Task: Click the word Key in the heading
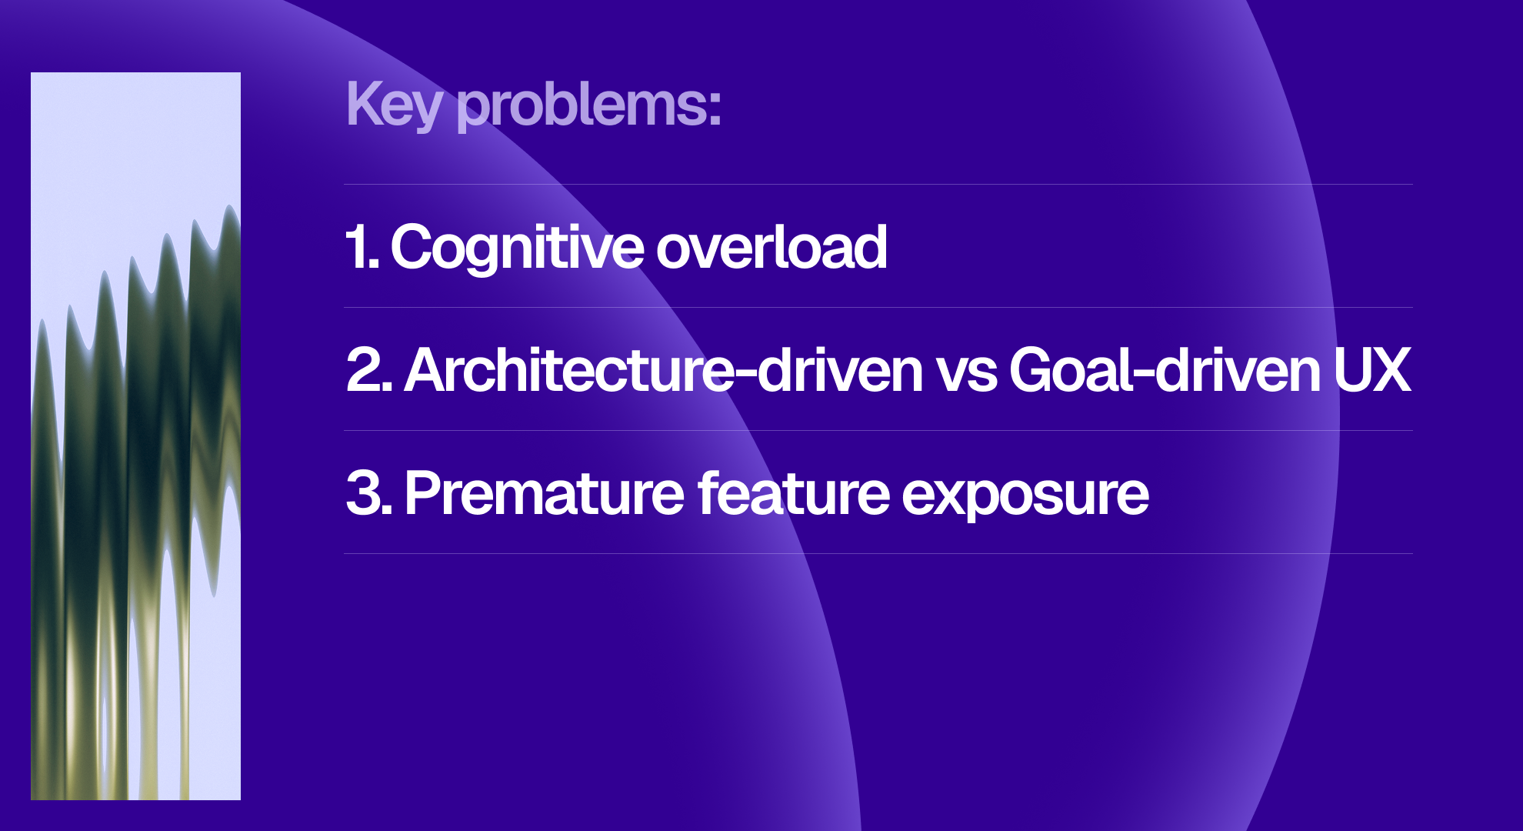(x=394, y=105)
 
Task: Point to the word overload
(x=771, y=248)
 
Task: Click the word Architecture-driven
(x=663, y=370)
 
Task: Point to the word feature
(x=793, y=493)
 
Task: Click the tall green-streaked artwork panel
(x=135, y=436)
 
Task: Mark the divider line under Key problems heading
(x=878, y=185)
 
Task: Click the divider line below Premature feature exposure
(x=878, y=553)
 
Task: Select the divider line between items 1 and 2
(x=878, y=308)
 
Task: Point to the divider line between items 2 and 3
(x=878, y=431)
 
